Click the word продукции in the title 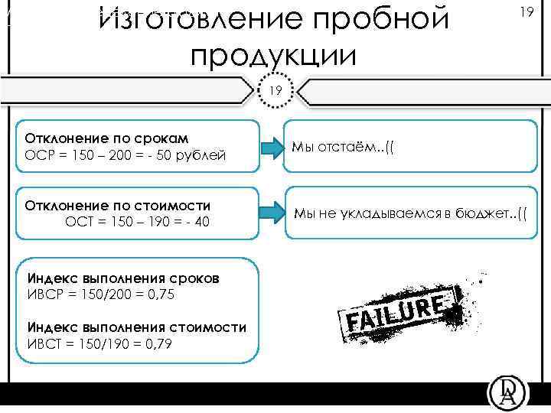click(x=273, y=56)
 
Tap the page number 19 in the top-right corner click(x=525, y=13)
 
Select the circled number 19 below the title click(x=275, y=90)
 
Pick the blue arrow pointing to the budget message click(x=269, y=211)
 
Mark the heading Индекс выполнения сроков click(x=123, y=278)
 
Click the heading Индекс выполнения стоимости click(x=137, y=327)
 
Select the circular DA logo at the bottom click(x=507, y=394)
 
